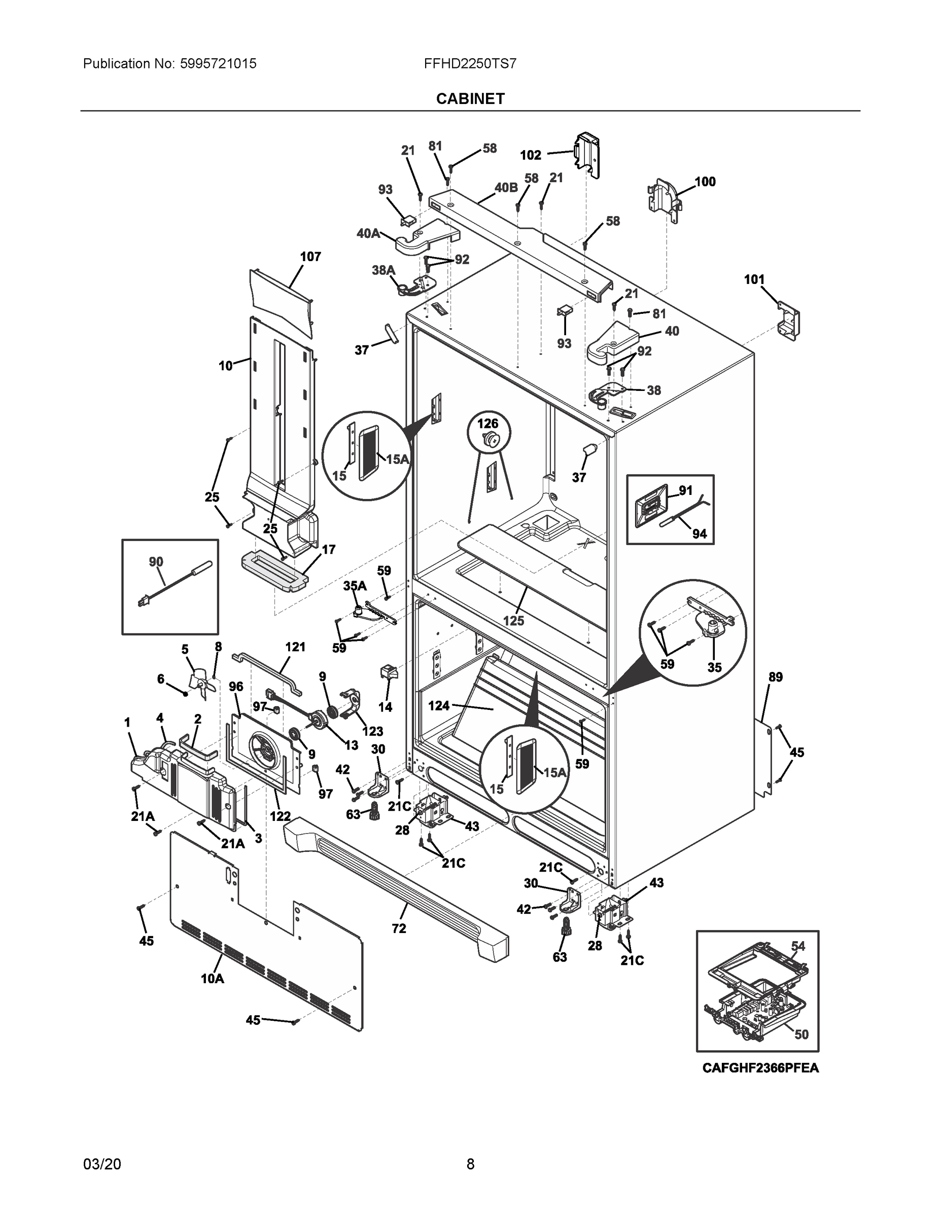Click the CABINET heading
click(470, 99)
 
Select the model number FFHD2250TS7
click(470, 63)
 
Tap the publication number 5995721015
click(218, 63)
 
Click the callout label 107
click(310, 257)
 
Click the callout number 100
click(705, 182)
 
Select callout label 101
click(754, 279)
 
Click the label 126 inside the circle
click(488, 423)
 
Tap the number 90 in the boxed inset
click(156, 562)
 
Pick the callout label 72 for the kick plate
click(399, 928)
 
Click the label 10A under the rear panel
click(213, 979)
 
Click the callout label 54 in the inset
click(798, 946)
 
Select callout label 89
click(776, 677)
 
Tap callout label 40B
click(506, 188)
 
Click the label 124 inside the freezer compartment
click(439, 705)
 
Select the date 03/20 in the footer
click(102, 1164)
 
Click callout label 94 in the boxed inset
click(699, 534)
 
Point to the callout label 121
click(295, 647)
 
